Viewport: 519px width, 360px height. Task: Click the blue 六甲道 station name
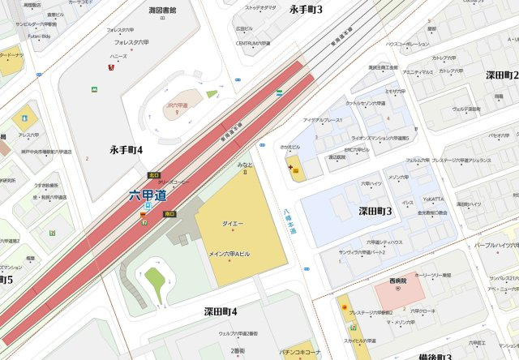148,195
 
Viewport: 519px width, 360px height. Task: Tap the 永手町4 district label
127,150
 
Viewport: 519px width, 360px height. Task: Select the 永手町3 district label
306,9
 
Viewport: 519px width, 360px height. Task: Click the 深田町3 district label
375,212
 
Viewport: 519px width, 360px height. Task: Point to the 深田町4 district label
221,311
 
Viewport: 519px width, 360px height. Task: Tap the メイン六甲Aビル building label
229,254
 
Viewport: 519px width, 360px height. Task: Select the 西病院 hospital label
397,281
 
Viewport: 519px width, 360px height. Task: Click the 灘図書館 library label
162,11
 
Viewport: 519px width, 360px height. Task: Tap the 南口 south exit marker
169,214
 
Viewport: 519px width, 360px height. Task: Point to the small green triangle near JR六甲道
212,94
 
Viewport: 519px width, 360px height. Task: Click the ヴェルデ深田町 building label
468,109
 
